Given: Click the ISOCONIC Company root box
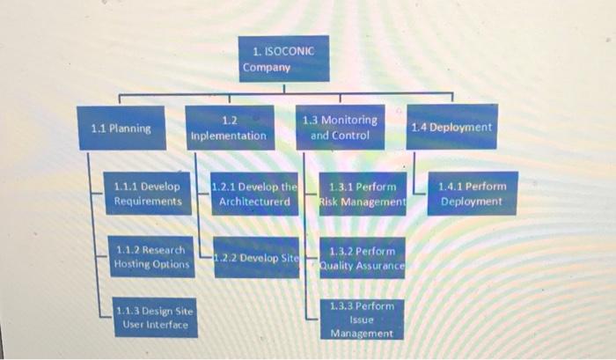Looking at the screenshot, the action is tap(274, 59).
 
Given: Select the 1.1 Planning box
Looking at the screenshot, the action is tap(121, 129).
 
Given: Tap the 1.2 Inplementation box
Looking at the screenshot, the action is tap(228, 129).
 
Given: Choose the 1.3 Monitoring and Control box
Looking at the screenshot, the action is tap(340, 129).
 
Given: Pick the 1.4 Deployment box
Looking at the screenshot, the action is tap(451, 128).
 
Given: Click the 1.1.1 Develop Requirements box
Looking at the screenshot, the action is tap(148, 195).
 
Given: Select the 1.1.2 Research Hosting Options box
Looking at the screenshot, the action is tap(150, 258).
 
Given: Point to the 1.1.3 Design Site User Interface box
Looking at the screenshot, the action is tap(154, 319).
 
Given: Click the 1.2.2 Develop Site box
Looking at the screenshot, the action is tap(255, 258).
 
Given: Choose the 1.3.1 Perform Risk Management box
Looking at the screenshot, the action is tap(362, 195).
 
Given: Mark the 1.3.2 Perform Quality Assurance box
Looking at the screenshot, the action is tap(362, 258).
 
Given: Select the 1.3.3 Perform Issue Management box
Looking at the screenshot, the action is tap(362, 320).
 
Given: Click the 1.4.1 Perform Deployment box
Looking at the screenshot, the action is tap(472, 195).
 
